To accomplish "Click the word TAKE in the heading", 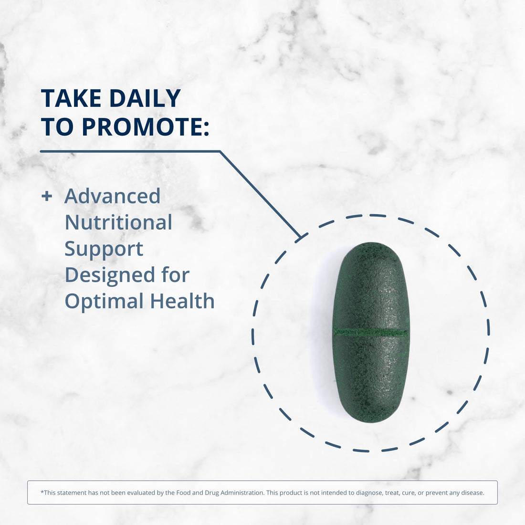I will (x=71, y=99).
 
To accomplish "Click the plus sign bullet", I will (x=46, y=196).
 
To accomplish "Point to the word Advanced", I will (x=113, y=196).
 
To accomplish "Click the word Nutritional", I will (x=118, y=222).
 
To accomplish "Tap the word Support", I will (x=104, y=249).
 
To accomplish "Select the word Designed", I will (x=109, y=275).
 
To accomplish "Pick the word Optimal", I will (x=104, y=302).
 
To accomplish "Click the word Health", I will (x=182, y=302).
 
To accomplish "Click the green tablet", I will (x=371, y=296).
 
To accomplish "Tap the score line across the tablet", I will (x=371, y=332).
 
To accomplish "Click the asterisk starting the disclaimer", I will (x=42, y=492).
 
